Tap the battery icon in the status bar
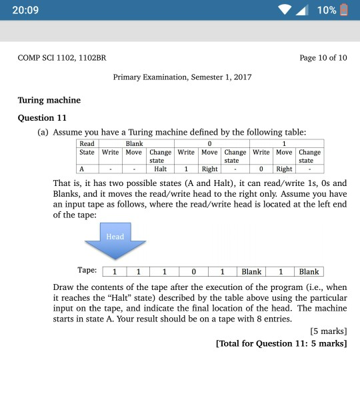click(345, 11)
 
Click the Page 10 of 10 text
click(323, 58)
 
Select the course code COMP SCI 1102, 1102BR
click(62, 58)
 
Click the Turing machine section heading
click(49, 100)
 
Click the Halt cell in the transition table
click(160, 169)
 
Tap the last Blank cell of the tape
click(309, 272)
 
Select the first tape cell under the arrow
click(115, 272)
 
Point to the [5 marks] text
click(329, 331)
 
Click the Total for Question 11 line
click(281, 343)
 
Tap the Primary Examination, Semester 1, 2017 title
click(183, 77)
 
